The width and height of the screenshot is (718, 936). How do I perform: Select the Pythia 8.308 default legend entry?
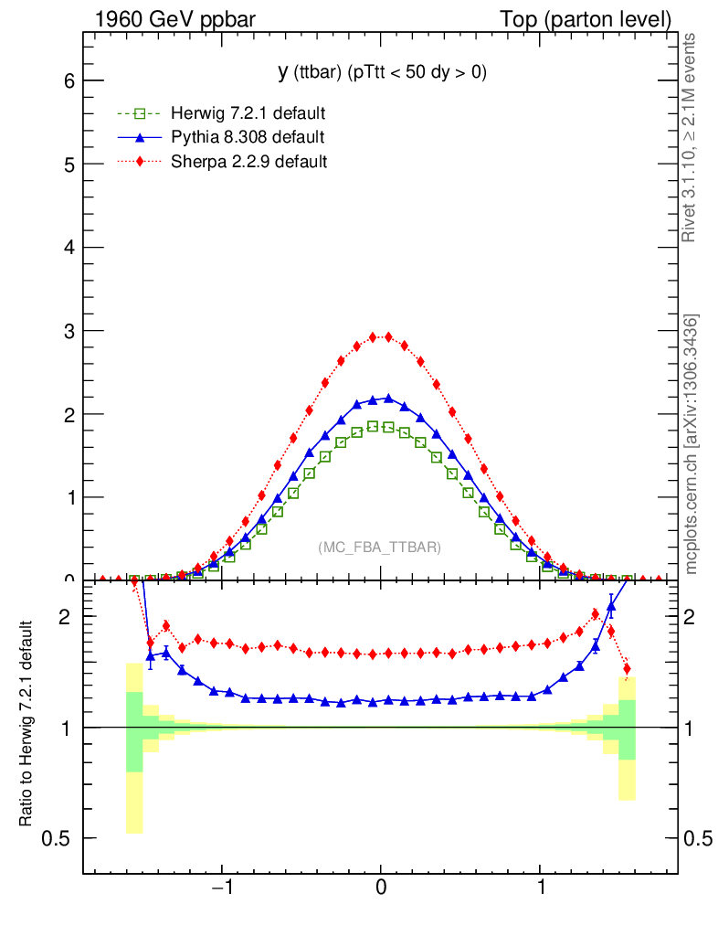tap(248, 138)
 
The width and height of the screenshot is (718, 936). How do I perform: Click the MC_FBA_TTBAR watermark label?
tap(380, 548)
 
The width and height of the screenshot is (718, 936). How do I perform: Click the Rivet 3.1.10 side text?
tap(692, 137)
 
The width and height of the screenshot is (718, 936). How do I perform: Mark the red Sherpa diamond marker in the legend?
tap(140, 162)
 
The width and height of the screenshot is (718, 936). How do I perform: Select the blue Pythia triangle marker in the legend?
tap(140, 138)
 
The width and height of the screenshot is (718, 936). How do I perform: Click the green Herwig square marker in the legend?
tap(140, 114)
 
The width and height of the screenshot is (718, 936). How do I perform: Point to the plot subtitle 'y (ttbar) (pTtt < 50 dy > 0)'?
tap(382, 72)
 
